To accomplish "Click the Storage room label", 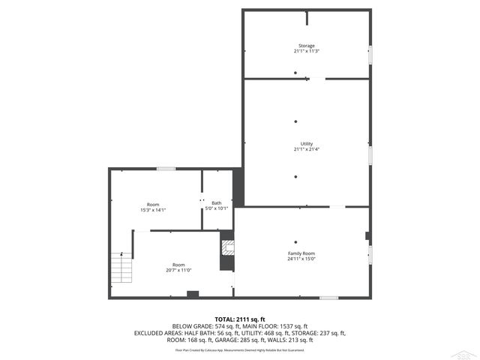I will (306, 46).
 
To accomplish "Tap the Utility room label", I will (306, 143).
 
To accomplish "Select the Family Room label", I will (301, 253).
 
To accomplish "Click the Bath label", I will (216, 202).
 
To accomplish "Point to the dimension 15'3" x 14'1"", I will (153, 210).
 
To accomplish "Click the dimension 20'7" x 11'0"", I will (178, 270).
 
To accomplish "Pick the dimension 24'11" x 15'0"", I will (301, 259).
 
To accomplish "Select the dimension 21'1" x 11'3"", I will (306, 51).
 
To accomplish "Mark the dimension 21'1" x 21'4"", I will (306, 148).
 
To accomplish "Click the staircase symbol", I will (121, 268).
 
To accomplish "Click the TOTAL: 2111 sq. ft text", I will (240, 319).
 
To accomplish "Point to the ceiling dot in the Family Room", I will (295, 241).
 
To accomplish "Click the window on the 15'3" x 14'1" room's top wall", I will (160, 169).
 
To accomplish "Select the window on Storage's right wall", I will (370, 54).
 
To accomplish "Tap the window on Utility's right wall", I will (370, 153).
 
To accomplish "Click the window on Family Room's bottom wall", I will (328, 298).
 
